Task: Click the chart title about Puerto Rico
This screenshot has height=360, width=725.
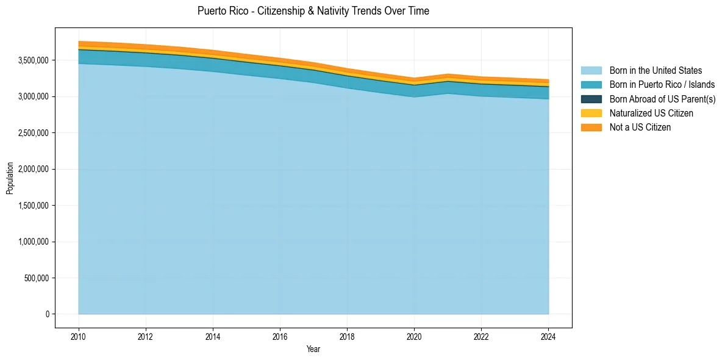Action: (x=313, y=11)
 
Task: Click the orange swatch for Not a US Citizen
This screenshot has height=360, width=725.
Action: (x=591, y=127)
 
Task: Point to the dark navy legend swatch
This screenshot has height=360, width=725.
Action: (x=591, y=99)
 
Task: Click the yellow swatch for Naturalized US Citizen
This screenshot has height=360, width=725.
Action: (x=591, y=113)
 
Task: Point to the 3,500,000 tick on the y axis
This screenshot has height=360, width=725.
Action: (x=35, y=60)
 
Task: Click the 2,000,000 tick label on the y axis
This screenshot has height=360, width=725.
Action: (x=35, y=169)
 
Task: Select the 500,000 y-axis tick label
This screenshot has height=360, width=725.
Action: (x=38, y=278)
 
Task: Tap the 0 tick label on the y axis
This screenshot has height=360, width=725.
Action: (x=47, y=314)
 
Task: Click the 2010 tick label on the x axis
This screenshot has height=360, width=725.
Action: (x=78, y=336)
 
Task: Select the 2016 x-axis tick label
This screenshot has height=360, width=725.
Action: (x=280, y=336)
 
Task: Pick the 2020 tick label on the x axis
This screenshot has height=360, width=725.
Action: (x=414, y=336)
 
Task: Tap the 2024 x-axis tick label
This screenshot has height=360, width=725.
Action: (x=548, y=336)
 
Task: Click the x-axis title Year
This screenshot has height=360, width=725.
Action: (x=313, y=349)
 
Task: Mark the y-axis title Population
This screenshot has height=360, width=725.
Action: (x=10, y=178)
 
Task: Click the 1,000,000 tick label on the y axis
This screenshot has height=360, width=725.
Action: (x=35, y=242)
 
